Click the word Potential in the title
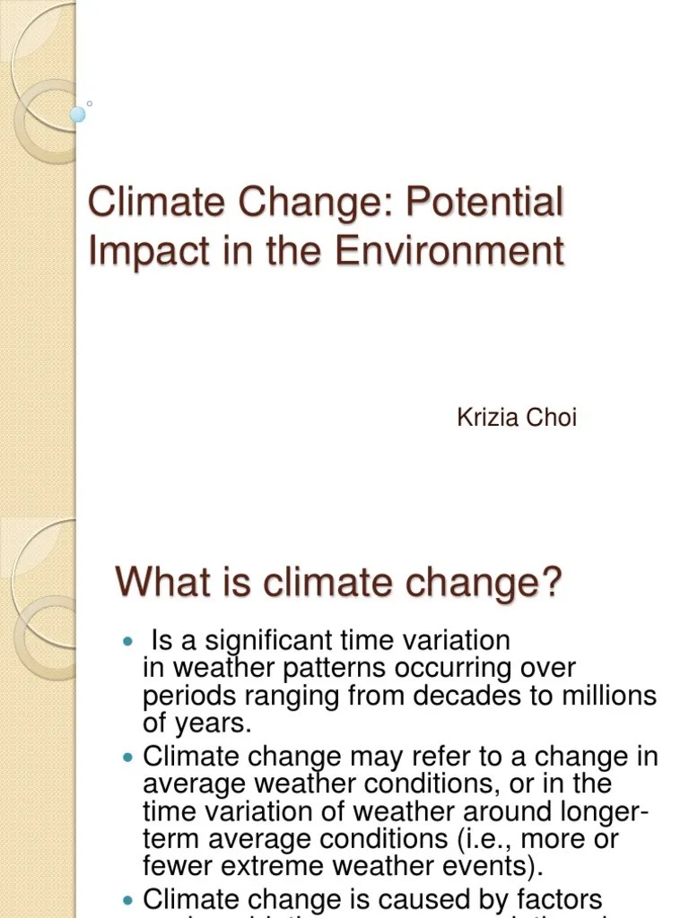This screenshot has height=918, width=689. click(x=484, y=203)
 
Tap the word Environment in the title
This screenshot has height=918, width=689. click(x=450, y=250)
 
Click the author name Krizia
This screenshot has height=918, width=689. click(x=487, y=418)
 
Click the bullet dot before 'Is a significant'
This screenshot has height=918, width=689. click(x=126, y=643)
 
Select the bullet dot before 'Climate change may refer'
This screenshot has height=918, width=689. click(x=126, y=758)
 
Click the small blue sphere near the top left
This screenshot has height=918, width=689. click(x=78, y=114)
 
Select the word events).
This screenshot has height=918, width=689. click(x=497, y=867)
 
